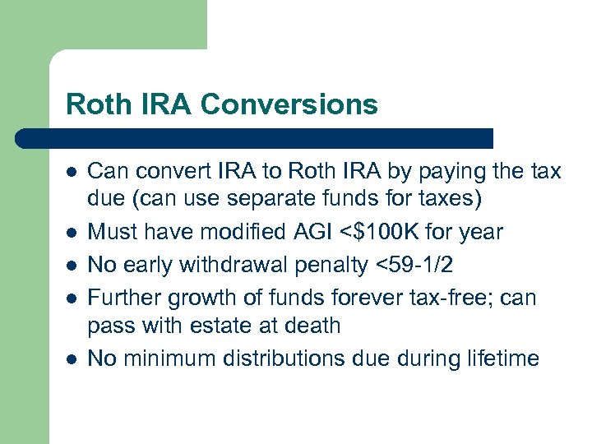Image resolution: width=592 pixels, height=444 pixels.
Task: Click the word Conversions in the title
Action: [x=289, y=104]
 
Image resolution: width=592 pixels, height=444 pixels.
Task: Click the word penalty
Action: [x=335, y=265]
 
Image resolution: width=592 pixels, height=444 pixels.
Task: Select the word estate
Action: [x=220, y=325]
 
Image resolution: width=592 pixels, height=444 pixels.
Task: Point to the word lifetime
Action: [x=503, y=358]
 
